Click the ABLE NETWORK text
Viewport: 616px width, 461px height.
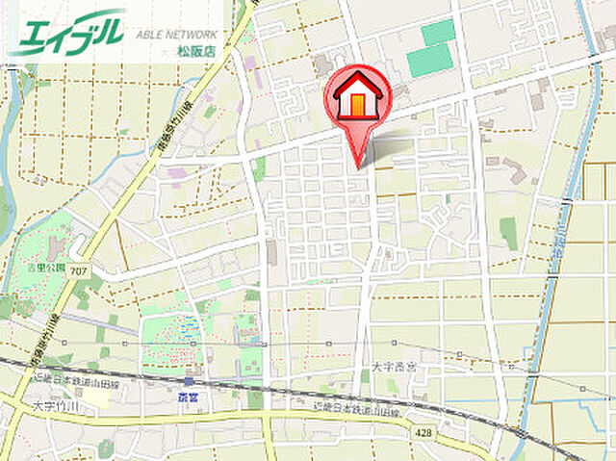coord(177,32)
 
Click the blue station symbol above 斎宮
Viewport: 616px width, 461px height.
coord(188,381)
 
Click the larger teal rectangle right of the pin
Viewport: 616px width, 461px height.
coord(429,60)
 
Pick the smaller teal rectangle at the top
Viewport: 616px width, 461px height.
coord(438,32)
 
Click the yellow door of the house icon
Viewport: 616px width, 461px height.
coord(357,105)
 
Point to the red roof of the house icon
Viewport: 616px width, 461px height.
coord(357,81)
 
